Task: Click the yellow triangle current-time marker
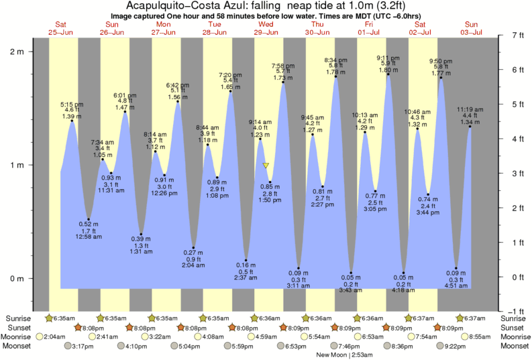266,166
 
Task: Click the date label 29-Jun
266,32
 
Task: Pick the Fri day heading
369,24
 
